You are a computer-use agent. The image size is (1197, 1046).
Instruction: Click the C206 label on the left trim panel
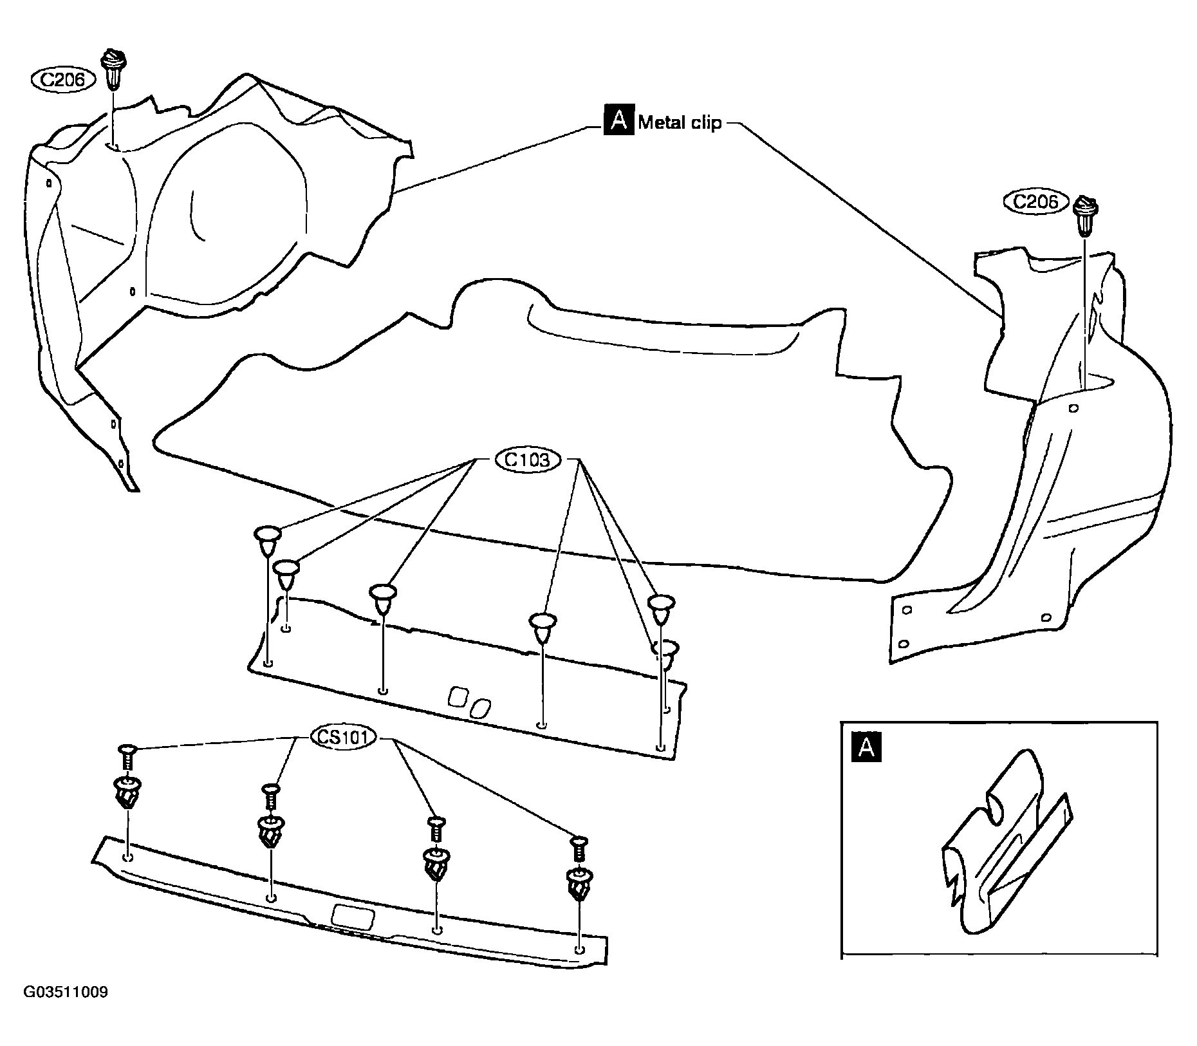pos(64,80)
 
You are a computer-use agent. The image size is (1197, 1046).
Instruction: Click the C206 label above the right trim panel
pos(1035,201)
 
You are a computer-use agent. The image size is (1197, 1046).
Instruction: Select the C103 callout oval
pos(528,460)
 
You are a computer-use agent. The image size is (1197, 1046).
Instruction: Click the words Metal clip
pos(680,122)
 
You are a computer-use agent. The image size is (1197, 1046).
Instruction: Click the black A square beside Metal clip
pos(618,120)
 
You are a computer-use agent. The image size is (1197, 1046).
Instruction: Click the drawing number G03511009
pos(66,992)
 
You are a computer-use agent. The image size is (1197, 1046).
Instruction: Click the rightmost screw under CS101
pos(578,849)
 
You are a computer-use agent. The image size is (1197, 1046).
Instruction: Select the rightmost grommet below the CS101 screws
pos(580,885)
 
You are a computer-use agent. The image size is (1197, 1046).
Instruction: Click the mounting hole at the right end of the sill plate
pos(579,949)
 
